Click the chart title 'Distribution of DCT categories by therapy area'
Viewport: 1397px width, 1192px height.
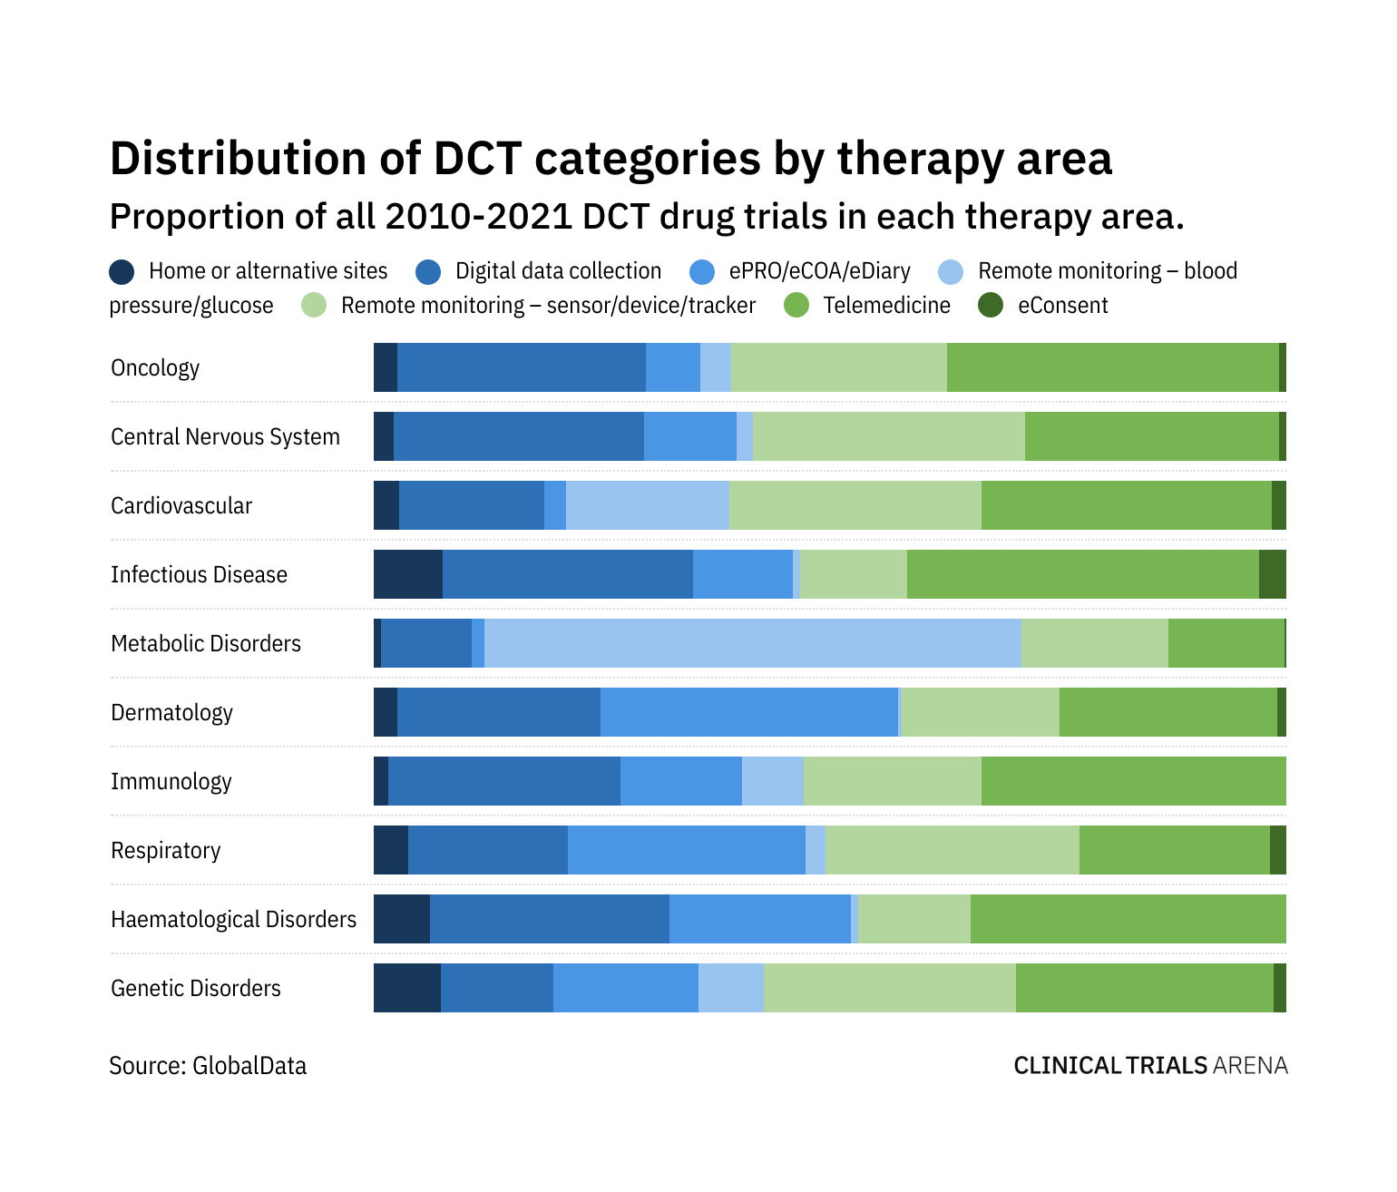click(x=611, y=159)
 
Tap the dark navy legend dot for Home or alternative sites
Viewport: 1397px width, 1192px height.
click(x=122, y=271)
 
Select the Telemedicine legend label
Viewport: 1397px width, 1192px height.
click(x=886, y=306)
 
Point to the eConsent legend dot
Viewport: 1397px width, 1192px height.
click(x=991, y=306)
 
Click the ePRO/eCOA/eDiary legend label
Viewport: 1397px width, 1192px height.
click(x=819, y=271)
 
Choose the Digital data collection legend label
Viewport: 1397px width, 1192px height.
click(x=558, y=271)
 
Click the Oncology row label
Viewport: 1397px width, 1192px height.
click(x=155, y=368)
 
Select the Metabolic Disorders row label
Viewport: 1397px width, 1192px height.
click(x=206, y=644)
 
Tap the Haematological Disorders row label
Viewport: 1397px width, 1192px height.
click(x=234, y=920)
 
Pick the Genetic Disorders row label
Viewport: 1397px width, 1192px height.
click(x=196, y=989)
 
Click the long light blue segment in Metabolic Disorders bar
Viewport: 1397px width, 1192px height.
click(x=752, y=643)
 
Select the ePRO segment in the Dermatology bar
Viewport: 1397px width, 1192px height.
click(x=748, y=712)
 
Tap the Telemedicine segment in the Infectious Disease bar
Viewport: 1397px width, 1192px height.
click(x=1082, y=574)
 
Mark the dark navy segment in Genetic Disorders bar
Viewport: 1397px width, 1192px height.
click(x=406, y=988)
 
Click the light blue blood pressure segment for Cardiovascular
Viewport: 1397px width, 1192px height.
click(x=647, y=505)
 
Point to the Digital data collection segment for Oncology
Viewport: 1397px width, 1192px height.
click(x=521, y=367)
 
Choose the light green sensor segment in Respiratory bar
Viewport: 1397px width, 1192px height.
click(x=952, y=850)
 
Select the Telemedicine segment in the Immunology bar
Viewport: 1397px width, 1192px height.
click(x=1133, y=781)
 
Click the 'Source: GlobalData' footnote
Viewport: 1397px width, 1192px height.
click(x=208, y=1066)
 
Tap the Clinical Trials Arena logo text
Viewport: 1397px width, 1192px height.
click(x=1150, y=1066)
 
